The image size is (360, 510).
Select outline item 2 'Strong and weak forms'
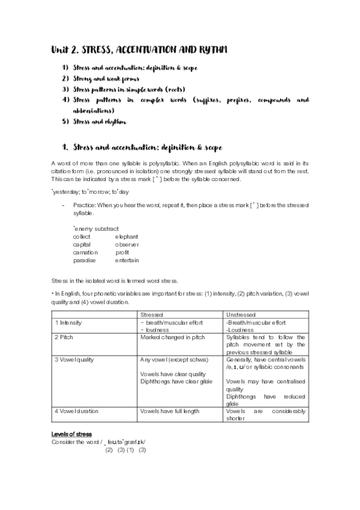[x=106, y=79]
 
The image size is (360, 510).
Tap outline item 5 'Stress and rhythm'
[x=99, y=121]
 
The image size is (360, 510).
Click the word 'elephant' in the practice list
[x=127, y=237]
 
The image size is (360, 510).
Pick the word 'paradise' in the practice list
[x=85, y=260]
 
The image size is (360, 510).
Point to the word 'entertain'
[x=127, y=260]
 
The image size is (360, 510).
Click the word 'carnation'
[x=85, y=253]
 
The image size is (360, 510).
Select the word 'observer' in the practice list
[x=127, y=245]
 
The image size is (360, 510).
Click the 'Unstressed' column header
[x=241, y=315]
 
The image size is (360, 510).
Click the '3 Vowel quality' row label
[x=75, y=360]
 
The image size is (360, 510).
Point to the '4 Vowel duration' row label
[x=76, y=411]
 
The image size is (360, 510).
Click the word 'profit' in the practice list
[x=122, y=253]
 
